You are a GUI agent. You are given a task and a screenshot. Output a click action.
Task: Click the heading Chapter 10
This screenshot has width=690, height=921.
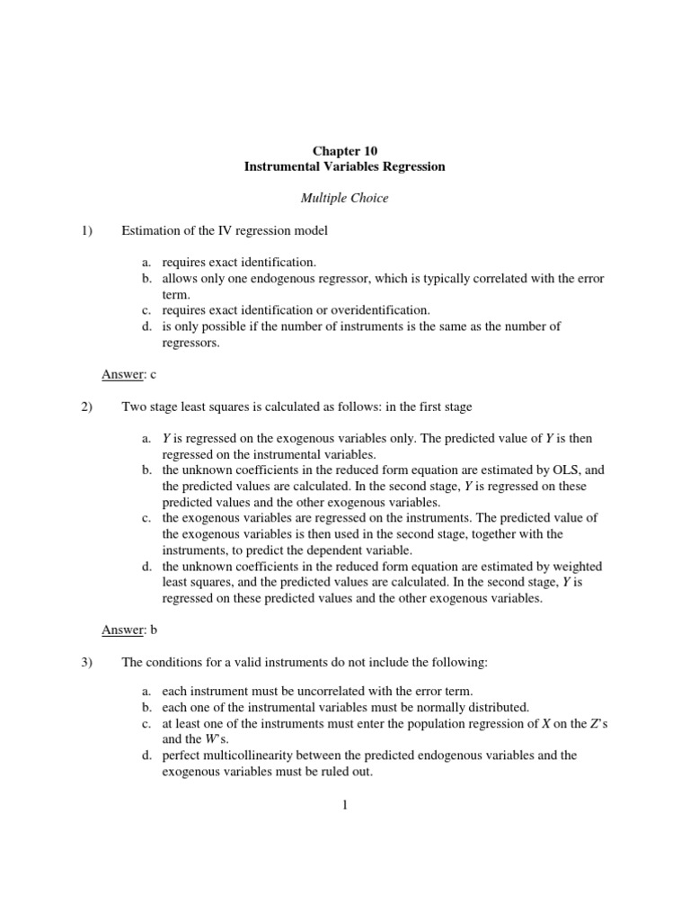pyautogui.click(x=345, y=151)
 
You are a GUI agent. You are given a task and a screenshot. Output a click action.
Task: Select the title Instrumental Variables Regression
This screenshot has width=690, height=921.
pyautogui.click(x=345, y=167)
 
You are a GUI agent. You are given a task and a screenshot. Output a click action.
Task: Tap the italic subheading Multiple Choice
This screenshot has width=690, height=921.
pyautogui.click(x=345, y=198)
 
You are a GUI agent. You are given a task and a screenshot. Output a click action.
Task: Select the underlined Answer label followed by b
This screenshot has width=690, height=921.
pyautogui.click(x=123, y=630)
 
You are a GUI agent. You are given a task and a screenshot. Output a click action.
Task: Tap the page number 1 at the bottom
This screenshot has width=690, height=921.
pyautogui.click(x=344, y=805)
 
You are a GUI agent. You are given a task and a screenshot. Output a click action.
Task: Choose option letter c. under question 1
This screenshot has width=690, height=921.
pyautogui.click(x=146, y=310)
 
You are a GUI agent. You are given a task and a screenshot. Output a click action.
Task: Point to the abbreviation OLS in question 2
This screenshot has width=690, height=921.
pyautogui.click(x=562, y=470)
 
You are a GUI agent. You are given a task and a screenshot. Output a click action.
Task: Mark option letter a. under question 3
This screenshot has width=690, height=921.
pyautogui.click(x=146, y=692)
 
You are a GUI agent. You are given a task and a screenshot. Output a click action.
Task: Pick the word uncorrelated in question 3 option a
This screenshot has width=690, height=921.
pyautogui.click(x=329, y=692)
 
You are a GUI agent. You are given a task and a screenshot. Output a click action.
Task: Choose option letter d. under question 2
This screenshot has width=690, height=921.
pyautogui.click(x=146, y=567)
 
